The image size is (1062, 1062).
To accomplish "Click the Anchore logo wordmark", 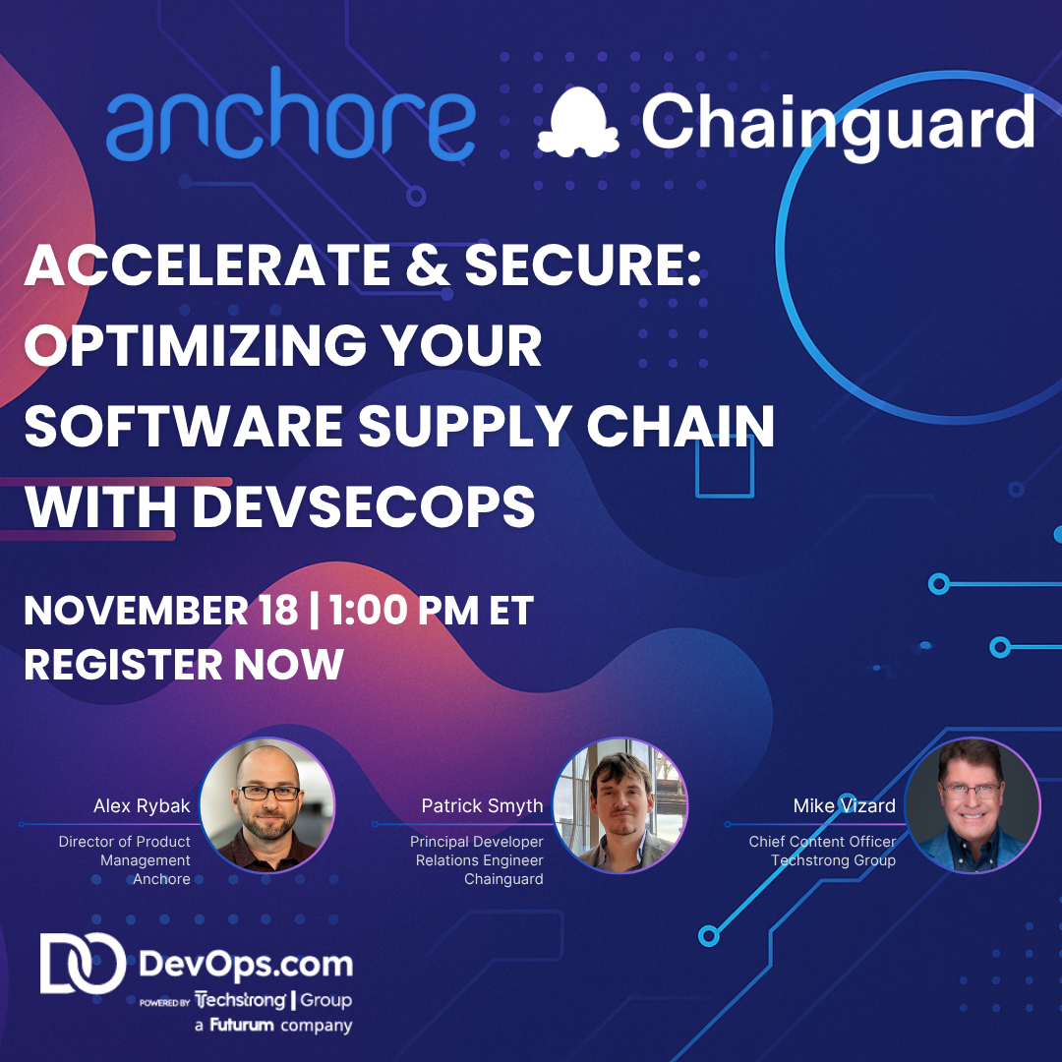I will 290,126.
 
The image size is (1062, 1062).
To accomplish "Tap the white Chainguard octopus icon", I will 578,123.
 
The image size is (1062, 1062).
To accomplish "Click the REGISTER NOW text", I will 184,665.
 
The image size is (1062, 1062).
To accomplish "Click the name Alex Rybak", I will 142,806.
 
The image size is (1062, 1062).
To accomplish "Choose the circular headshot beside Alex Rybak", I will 267,805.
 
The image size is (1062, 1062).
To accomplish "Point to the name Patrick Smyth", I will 482,806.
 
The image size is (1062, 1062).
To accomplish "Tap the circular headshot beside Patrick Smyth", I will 620,805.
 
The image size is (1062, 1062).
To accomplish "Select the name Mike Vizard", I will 844,806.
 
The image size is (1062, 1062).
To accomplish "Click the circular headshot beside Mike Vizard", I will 973,805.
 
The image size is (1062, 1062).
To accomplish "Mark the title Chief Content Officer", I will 822,842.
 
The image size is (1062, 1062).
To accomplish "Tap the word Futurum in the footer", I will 243,1026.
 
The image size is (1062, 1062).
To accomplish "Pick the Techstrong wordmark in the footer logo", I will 241,1001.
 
